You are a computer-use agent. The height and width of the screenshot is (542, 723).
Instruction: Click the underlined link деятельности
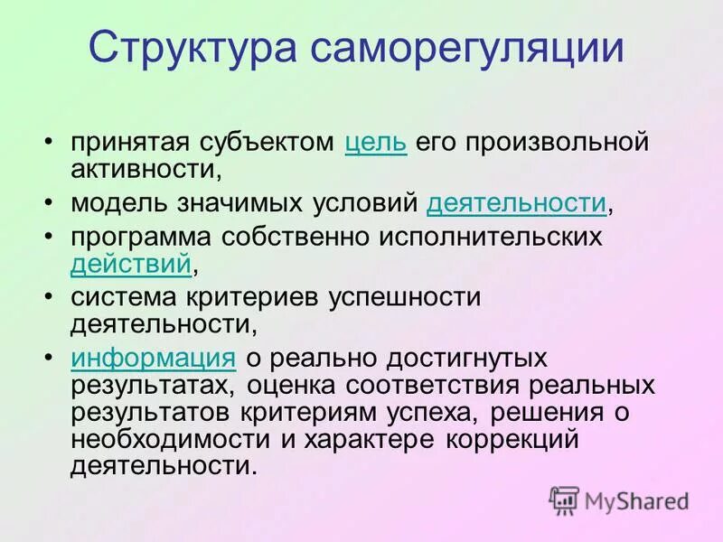(516, 203)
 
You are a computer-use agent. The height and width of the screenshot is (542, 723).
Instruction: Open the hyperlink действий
(130, 263)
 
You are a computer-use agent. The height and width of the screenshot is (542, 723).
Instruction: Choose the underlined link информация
(154, 358)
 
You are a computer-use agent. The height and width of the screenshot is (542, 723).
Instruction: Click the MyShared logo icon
(564, 499)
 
